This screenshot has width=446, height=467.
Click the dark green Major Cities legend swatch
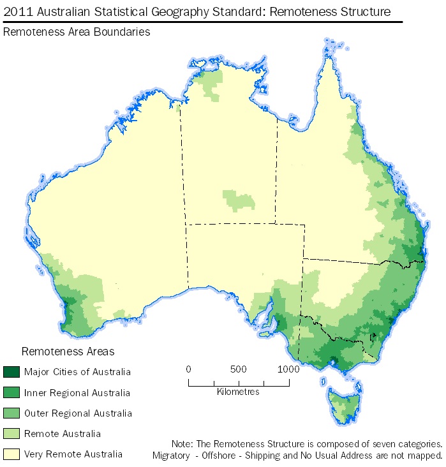pyautogui.click(x=12, y=372)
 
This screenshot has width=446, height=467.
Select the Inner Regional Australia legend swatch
pyautogui.click(x=12, y=392)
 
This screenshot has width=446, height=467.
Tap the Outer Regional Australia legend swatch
pyautogui.click(x=12, y=413)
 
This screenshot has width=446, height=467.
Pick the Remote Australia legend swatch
pyautogui.click(x=12, y=434)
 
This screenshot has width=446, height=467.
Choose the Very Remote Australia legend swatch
pyautogui.click(x=12, y=454)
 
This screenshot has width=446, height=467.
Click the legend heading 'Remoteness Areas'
pyautogui.click(x=68, y=352)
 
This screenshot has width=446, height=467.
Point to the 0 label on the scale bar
pyautogui.click(x=188, y=369)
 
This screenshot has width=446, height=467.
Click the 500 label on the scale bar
pyautogui.click(x=238, y=369)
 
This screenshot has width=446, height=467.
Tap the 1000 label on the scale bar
pyautogui.click(x=288, y=369)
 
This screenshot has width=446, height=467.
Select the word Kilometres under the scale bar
pyautogui.click(x=238, y=392)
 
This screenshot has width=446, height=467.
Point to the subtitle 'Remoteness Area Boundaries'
pyautogui.click(x=77, y=32)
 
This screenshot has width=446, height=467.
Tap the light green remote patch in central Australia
pyautogui.click(x=239, y=200)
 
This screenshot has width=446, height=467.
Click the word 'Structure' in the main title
pyautogui.click(x=364, y=11)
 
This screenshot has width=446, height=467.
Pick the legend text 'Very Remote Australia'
pyautogui.click(x=73, y=454)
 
